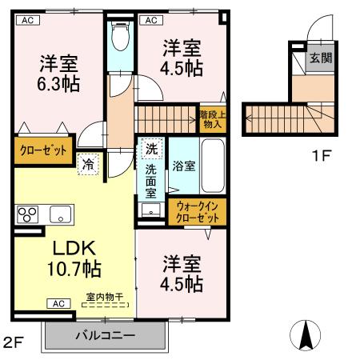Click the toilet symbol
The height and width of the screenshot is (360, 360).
click(121, 37)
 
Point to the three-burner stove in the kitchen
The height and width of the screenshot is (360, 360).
click(28, 214)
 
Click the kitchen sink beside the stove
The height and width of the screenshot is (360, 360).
click(61, 214)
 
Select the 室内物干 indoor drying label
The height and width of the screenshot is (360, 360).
click(104, 297)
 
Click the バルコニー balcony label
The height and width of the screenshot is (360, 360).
click(106, 334)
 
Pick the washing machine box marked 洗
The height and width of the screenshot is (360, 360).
click(150, 148)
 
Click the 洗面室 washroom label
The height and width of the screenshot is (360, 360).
click(150, 181)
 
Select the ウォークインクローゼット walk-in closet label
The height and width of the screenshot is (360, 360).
click(197, 212)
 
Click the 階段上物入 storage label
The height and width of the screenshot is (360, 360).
click(212, 120)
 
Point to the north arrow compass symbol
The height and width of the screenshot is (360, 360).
click(306, 335)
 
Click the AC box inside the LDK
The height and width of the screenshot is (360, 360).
click(58, 303)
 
